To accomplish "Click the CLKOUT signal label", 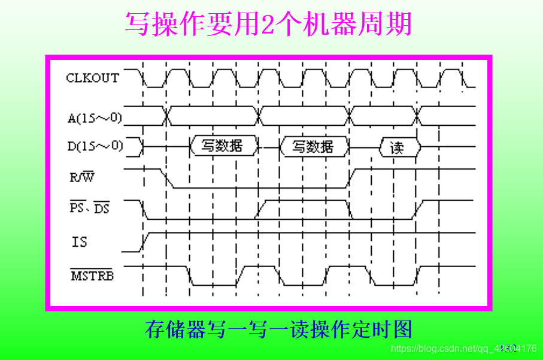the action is (x=92, y=78).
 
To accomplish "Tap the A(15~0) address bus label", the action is (x=94, y=117).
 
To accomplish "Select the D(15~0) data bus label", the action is (x=95, y=145).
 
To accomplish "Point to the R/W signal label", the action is (x=83, y=177).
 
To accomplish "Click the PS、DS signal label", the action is (x=90, y=208).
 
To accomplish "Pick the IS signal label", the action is (x=79, y=241).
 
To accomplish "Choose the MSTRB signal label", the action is (x=92, y=276).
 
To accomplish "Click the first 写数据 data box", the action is (x=222, y=146).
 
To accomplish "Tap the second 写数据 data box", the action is (x=313, y=146).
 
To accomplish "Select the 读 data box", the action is (x=398, y=147).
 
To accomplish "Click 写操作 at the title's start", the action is (x=164, y=25).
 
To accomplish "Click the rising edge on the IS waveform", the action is (x=144, y=241).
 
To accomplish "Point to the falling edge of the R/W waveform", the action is (x=168, y=178).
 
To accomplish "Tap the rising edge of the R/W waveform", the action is (x=353, y=178).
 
